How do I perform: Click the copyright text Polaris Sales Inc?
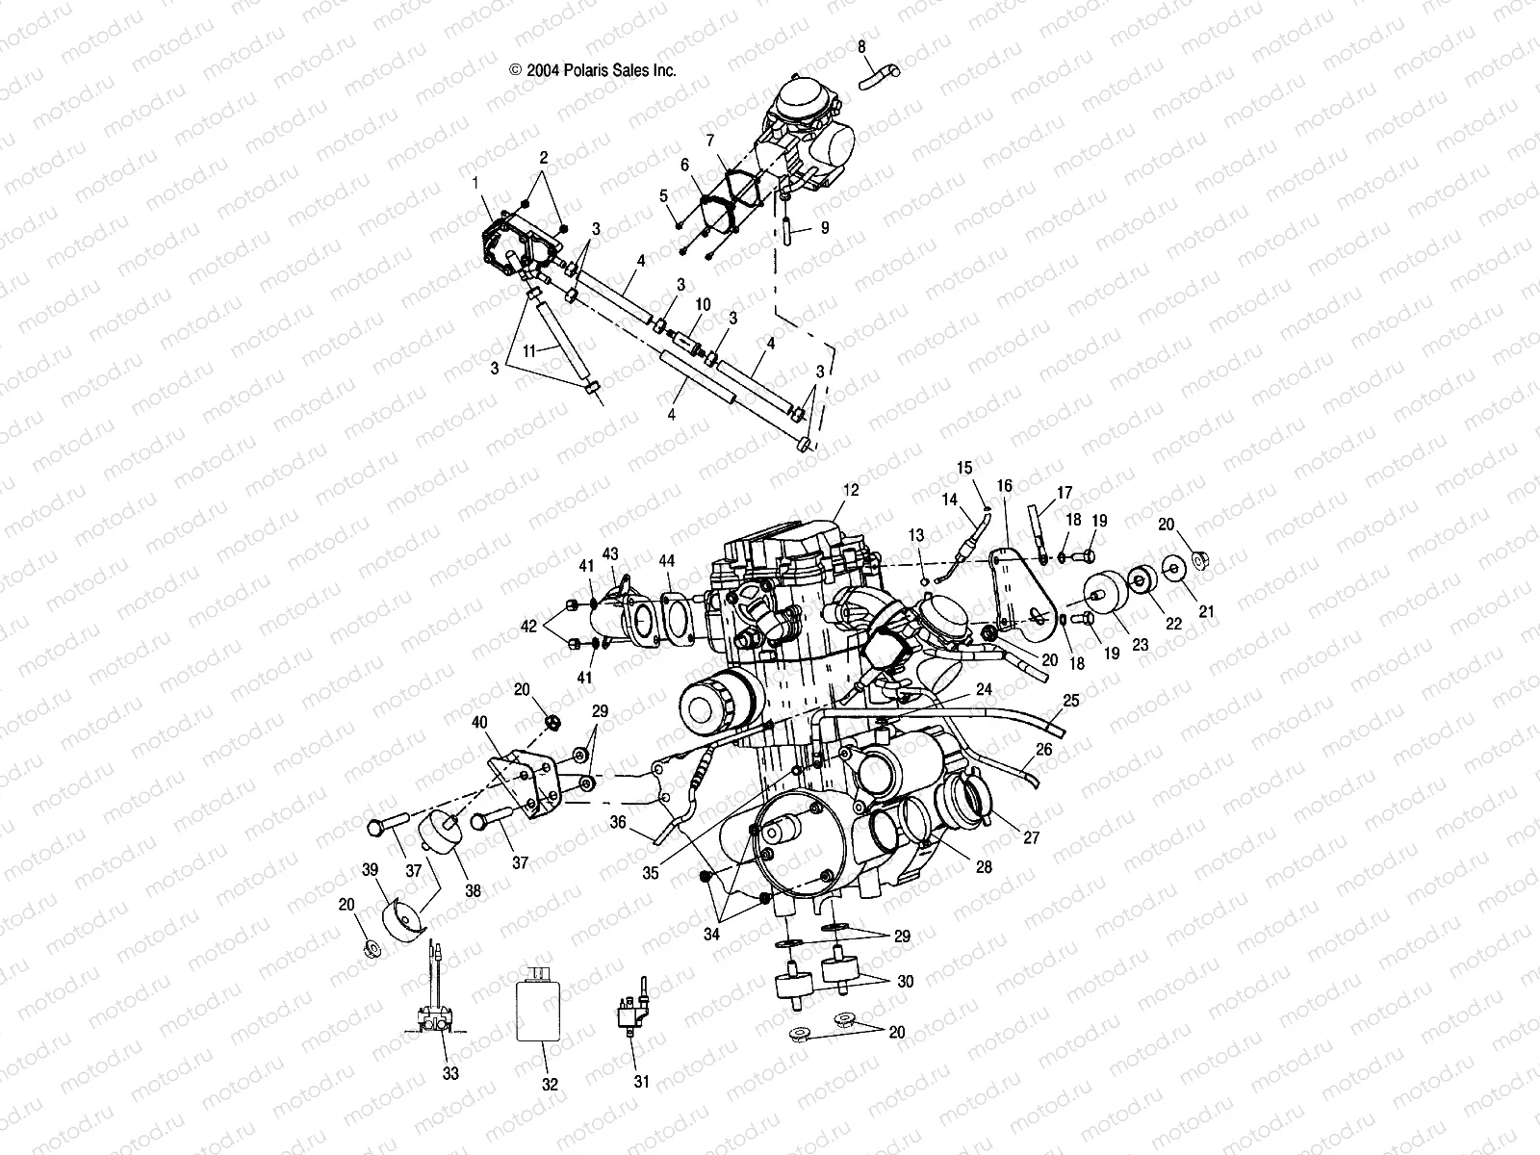coord(593,70)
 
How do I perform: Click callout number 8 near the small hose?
coord(861,45)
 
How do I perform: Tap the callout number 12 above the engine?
coord(849,490)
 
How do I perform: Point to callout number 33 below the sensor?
coord(450,1073)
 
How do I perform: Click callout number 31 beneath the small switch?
coord(641,1081)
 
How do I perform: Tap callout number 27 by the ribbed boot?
coord(1031,837)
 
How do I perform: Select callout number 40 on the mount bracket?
coord(479,722)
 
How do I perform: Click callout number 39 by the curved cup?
coord(368,868)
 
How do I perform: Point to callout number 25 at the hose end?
coord(1071,700)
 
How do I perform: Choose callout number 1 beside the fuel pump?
coord(475,181)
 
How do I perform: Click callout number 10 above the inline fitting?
coord(703,304)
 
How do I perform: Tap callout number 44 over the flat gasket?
coord(667,561)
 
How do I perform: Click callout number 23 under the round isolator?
coord(1141,646)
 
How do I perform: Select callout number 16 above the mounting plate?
coord(1005,486)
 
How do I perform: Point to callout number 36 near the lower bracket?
coord(618,822)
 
